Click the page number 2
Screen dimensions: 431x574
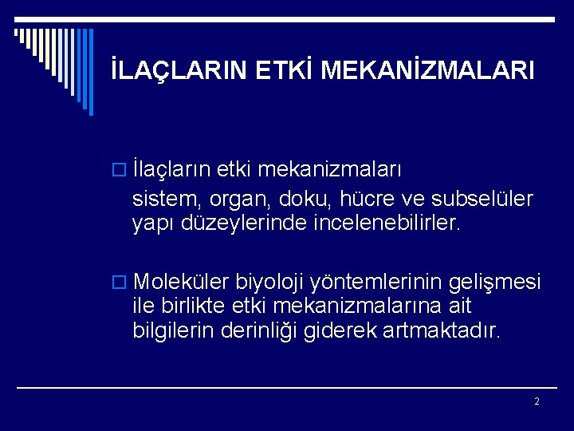537,401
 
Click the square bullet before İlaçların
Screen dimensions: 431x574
122,172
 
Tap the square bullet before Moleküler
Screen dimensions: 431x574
122,283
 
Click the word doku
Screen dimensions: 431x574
294,198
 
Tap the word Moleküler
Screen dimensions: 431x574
182,283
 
